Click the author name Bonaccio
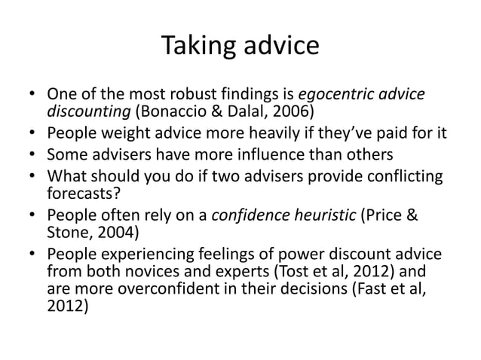169,113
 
